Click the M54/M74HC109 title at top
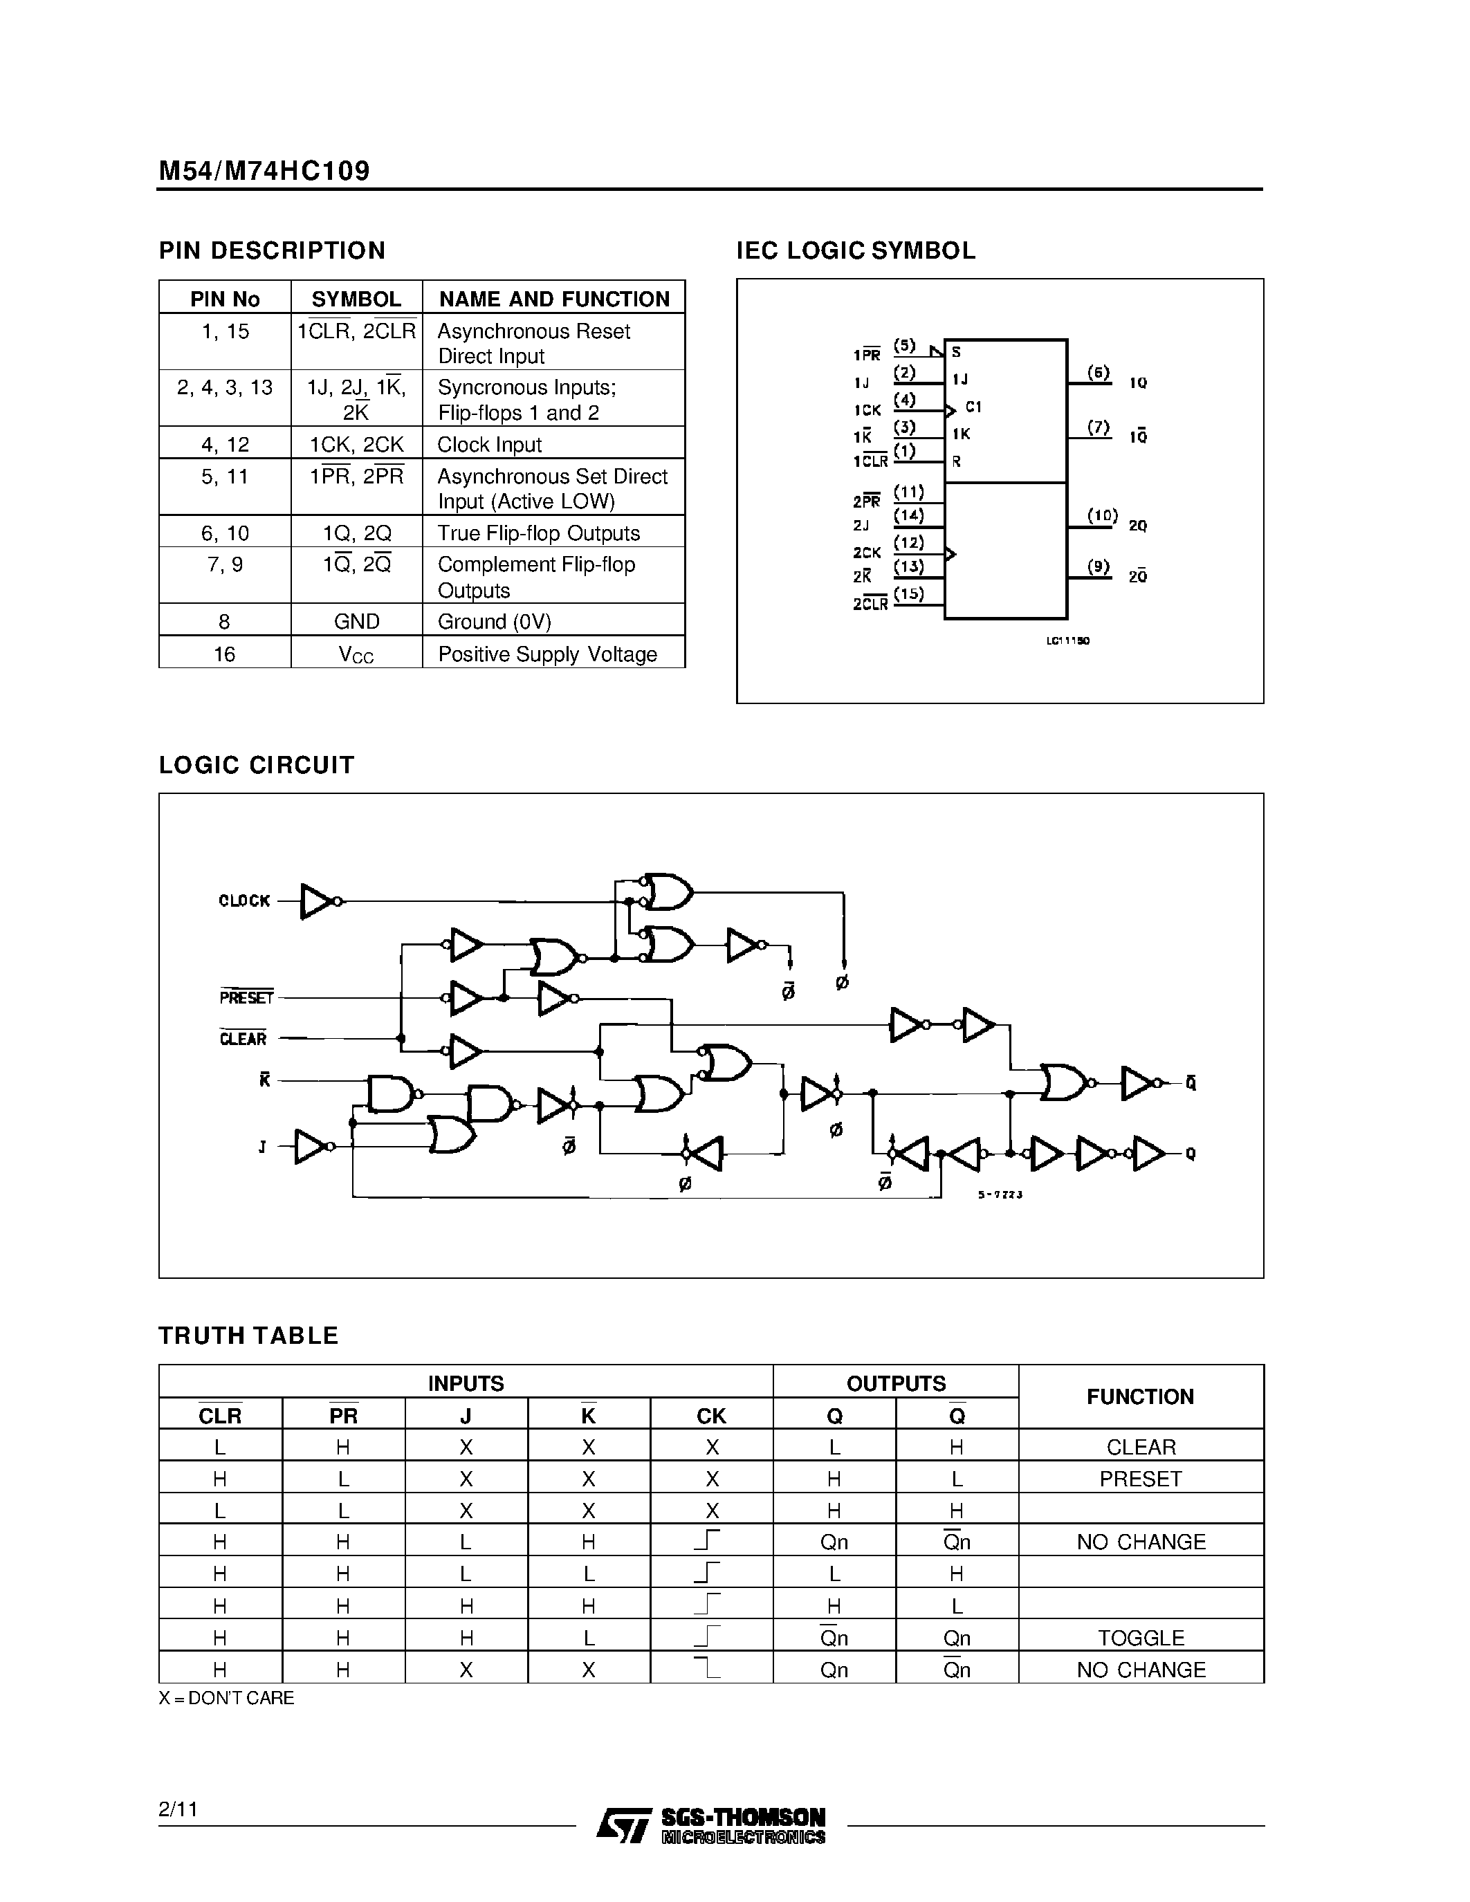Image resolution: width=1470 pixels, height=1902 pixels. (264, 170)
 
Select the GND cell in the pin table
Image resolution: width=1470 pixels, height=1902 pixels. (356, 621)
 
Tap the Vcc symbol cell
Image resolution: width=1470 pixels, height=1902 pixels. (356, 654)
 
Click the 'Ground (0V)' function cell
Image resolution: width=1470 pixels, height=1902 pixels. (494, 621)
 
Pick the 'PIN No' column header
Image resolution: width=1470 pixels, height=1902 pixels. (225, 299)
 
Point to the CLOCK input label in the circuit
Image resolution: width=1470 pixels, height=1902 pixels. (244, 901)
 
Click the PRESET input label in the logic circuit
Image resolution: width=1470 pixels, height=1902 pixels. (246, 997)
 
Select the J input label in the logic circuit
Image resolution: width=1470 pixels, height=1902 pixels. (262, 1147)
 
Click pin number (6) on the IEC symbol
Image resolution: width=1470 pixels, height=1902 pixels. (1099, 373)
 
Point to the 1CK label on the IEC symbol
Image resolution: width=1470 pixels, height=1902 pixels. (867, 409)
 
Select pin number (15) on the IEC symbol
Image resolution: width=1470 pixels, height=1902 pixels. (908, 594)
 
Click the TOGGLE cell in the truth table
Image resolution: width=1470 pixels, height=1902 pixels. (1141, 1638)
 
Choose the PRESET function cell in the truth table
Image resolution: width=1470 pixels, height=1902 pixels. (1141, 1479)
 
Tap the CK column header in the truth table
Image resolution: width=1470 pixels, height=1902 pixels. (712, 1416)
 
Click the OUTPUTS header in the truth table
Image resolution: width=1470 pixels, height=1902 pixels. (895, 1383)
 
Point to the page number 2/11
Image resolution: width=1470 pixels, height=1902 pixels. (178, 1809)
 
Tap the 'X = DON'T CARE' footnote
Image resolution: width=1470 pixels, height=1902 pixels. (226, 1697)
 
